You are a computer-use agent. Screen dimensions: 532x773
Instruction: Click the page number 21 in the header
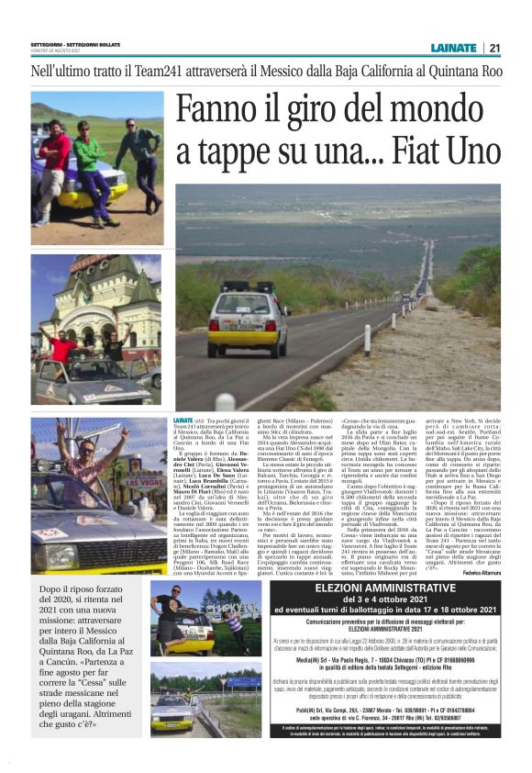(x=494, y=49)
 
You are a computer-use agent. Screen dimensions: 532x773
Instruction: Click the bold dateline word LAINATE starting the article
(x=183, y=419)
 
